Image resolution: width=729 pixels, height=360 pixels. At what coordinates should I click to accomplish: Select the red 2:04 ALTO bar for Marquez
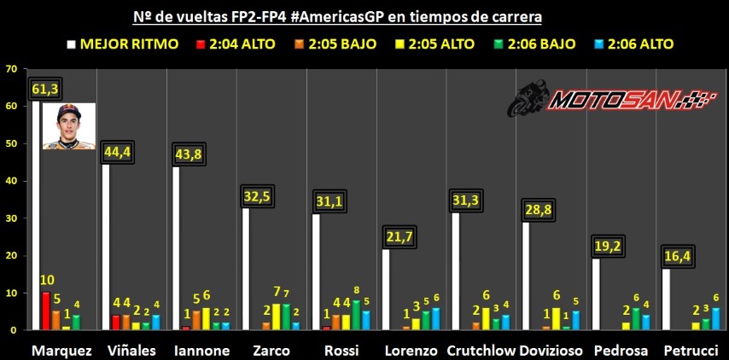[x=45, y=311]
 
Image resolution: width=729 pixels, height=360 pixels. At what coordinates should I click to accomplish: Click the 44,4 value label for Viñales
[x=118, y=152]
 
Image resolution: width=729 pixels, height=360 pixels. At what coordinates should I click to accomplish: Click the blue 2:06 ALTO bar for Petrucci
[x=715, y=319]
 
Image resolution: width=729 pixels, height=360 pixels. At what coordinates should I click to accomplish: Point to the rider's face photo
[x=68, y=125]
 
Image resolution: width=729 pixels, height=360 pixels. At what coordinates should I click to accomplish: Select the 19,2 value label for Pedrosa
[x=609, y=246]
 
